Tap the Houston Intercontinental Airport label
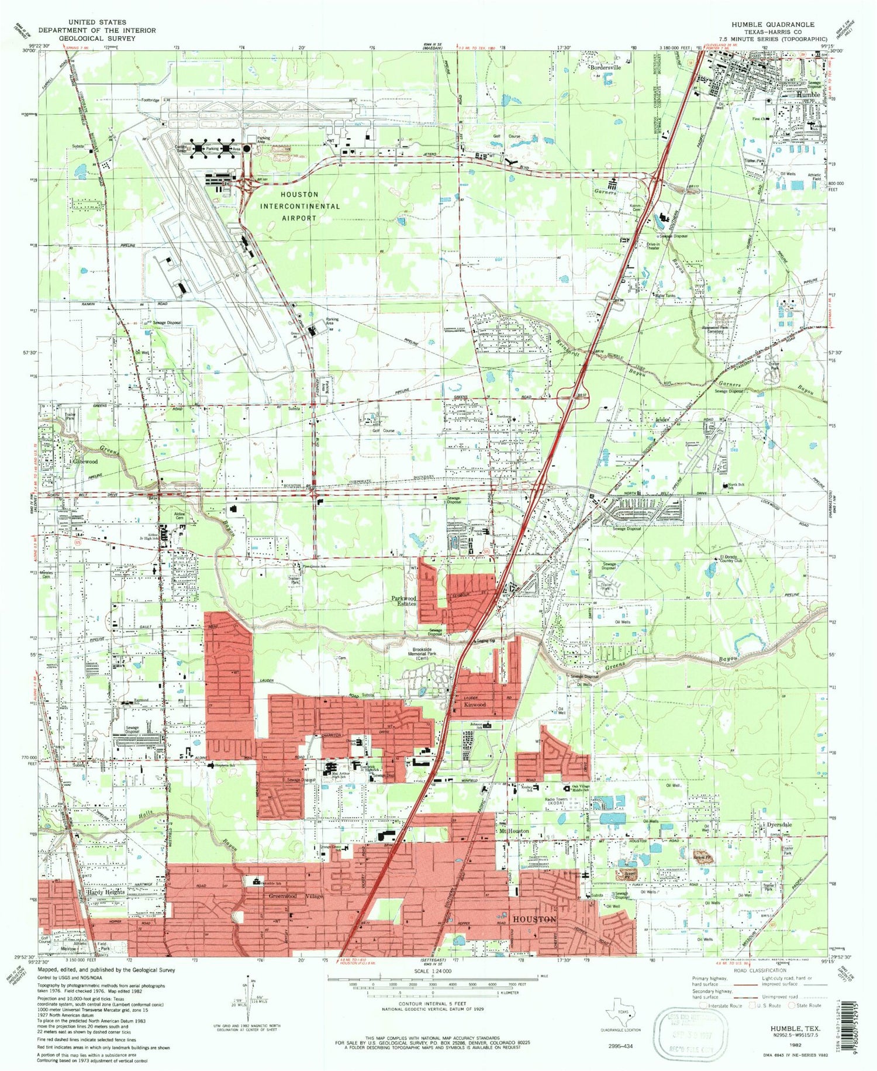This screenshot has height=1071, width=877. coord(299,206)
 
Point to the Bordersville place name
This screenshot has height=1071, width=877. coord(605,67)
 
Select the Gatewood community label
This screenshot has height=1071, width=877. coord(84,461)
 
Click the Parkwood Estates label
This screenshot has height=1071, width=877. coord(403,601)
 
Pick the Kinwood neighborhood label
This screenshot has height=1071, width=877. coord(474,705)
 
